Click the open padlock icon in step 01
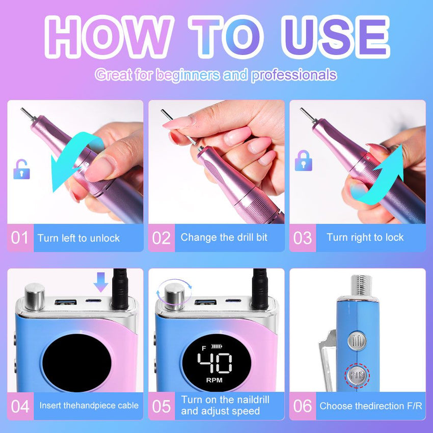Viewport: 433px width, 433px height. click(x=21, y=169)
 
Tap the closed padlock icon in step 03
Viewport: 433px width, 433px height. click(x=303, y=160)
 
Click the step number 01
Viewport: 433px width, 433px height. click(x=19, y=238)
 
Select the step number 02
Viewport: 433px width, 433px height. click(x=161, y=238)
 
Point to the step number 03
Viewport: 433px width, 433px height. click(x=303, y=238)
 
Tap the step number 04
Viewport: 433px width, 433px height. click(x=20, y=406)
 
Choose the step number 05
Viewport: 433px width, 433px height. click(x=161, y=406)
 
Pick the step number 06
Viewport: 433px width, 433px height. click(x=303, y=406)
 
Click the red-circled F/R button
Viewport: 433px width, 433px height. click(x=357, y=375)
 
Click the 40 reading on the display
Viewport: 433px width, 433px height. click(x=215, y=362)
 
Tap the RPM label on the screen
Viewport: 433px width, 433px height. click(x=214, y=380)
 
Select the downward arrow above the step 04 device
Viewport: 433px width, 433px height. click(x=101, y=282)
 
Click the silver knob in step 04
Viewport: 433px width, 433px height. click(x=35, y=296)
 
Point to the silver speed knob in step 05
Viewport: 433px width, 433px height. click(x=175, y=296)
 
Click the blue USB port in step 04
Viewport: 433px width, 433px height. click(x=65, y=302)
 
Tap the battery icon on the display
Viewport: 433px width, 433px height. click(x=216, y=346)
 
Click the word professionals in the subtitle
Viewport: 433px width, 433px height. click(x=294, y=75)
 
